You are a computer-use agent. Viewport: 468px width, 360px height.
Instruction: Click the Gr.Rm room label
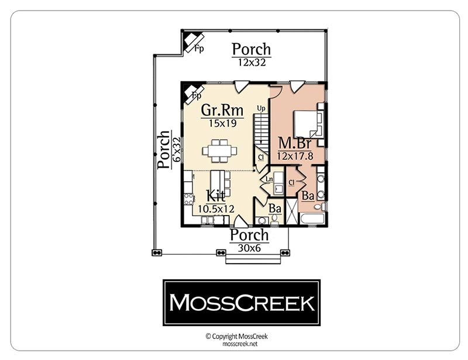(x=222, y=110)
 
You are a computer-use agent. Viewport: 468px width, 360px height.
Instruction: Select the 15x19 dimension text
(x=223, y=123)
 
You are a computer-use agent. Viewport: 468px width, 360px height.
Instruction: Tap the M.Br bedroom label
(x=295, y=143)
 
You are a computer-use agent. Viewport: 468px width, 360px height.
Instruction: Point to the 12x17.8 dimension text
(x=295, y=155)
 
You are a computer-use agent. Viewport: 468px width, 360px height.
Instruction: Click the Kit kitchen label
(x=215, y=196)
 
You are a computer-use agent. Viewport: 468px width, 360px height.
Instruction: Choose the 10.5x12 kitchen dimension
(x=216, y=209)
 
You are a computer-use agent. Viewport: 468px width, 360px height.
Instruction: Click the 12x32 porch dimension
(x=252, y=63)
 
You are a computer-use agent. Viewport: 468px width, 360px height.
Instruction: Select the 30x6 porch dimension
(x=250, y=248)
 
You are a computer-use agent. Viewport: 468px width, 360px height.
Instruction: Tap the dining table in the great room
(x=220, y=151)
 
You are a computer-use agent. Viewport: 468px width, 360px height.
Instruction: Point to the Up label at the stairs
(x=261, y=109)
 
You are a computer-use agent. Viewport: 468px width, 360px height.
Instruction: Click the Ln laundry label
(x=269, y=179)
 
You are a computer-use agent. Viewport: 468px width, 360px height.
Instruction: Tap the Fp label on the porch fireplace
(x=199, y=48)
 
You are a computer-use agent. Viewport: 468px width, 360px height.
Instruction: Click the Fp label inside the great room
(x=196, y=95)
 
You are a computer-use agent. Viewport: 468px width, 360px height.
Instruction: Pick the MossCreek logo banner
(x=242, y=303)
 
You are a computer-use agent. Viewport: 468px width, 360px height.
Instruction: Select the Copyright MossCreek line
(x=237, y=337)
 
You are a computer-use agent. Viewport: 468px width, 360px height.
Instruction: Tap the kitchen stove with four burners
(x=188, y=199)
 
